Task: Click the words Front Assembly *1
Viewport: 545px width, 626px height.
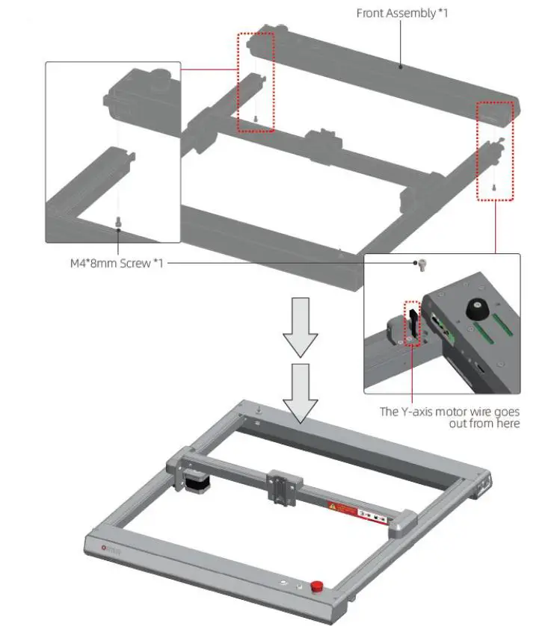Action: (x=402, y=13)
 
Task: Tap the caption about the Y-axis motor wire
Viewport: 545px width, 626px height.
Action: (x=449, y=417)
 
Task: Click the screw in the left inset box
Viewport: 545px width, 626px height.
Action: (x=117, y=222)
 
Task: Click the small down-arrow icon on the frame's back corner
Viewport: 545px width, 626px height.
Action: (x=257, y=409)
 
